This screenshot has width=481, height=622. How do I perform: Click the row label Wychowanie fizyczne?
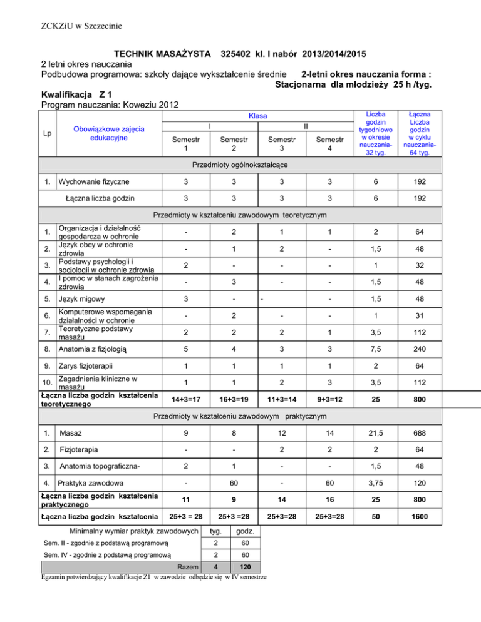(93, 182)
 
